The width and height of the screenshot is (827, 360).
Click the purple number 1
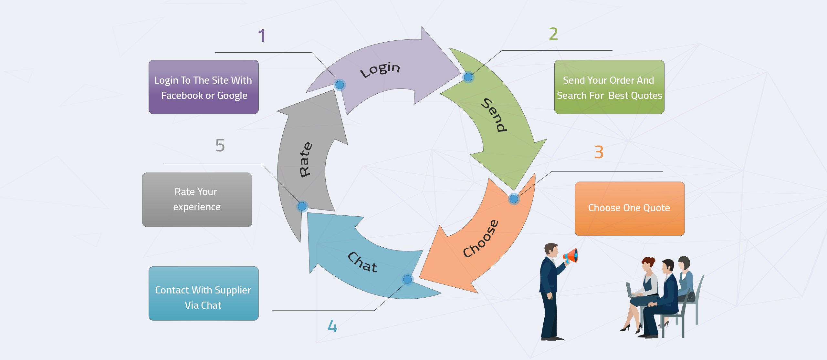(x=262, y=36)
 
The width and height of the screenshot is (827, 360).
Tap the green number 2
(x=553, y=34)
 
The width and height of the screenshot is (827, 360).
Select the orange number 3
(x=599, y=152)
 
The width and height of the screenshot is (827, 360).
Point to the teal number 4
(x=332, y=326)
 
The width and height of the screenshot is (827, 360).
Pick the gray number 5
(x=220, y=145)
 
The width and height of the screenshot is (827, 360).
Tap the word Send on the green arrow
(x=494, y=115)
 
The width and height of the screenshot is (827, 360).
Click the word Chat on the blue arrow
(x=362, y=262)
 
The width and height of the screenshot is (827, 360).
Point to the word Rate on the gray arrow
(x=305, y=159)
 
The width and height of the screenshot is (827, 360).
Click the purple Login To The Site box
(x=204, y=87)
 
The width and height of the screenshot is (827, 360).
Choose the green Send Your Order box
(x=609, y=87)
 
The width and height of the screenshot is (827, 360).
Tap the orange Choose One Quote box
(x=629, y=209)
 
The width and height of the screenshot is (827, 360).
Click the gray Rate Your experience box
(x=197, y=200)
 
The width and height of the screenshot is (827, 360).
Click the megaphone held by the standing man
(x=571, y=256)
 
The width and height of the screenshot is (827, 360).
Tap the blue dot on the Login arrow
(x=340, y=85)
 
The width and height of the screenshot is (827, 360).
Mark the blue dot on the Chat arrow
(x=407, y=279)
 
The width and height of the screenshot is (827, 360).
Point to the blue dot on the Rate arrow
(x=302, y=206)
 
